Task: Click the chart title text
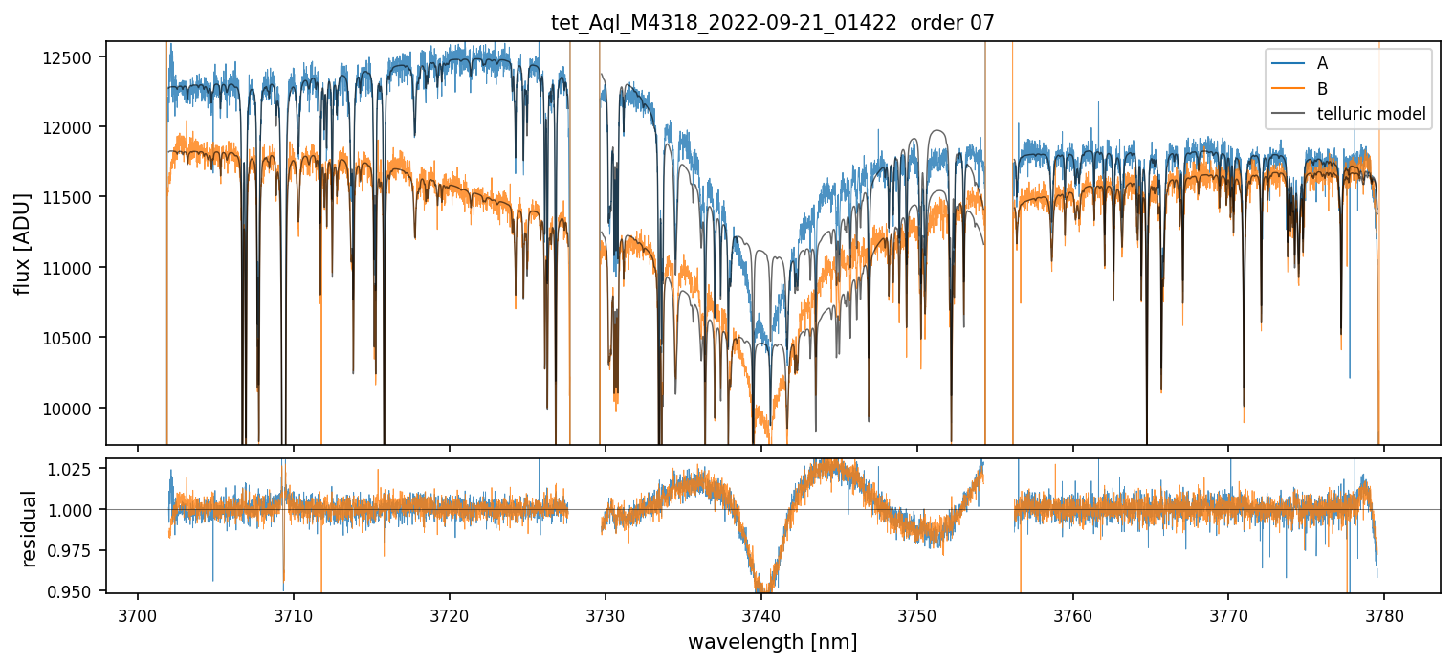tap(773, 23)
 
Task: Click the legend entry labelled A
tap(1322, 63)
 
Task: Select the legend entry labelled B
tap(1322, 89)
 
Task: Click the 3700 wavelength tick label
tap(138, 613)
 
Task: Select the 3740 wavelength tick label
tap(761, 613)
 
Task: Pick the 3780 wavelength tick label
tap(1384, 613)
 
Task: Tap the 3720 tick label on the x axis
tap(450, 613)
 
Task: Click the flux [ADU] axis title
tap(23, 243)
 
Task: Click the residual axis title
tap(29, 528)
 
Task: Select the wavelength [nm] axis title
tap(773, 641)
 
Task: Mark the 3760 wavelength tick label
tap(1072, 613)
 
